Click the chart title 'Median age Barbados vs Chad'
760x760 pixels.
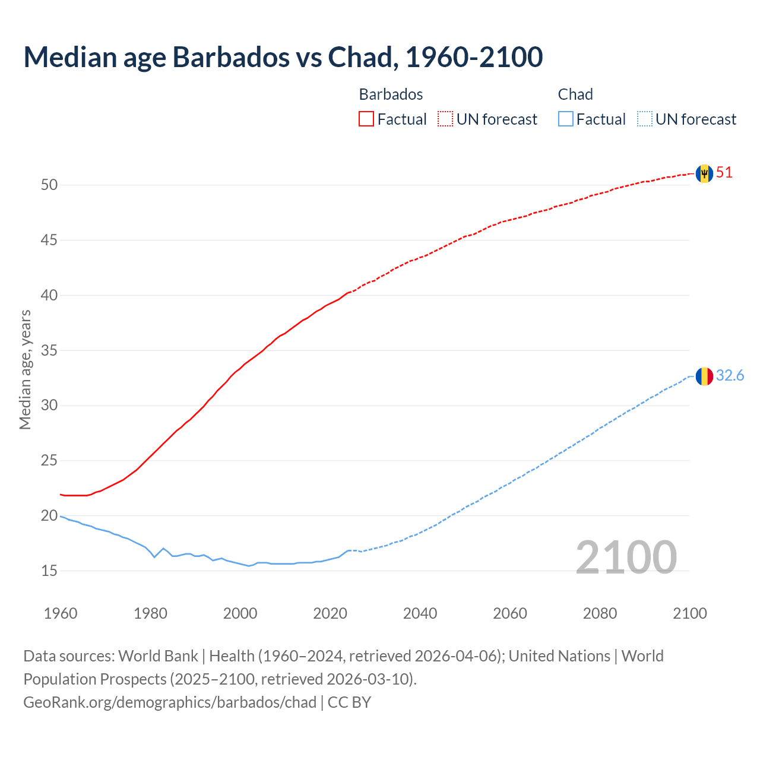(283, 57)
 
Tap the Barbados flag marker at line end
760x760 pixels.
(704, 173)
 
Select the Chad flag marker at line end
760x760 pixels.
(704, 376)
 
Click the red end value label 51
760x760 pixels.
(724, 173)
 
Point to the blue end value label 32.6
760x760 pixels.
(730, 376)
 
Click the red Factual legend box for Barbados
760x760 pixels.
(366, 119)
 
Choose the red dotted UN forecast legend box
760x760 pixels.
(445, 119)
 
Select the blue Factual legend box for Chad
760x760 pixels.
(566, 119)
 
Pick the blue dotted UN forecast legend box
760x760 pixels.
(645, 119)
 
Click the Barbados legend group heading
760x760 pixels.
(391, 94)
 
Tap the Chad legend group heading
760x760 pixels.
(575, 94)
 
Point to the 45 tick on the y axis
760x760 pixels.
(49, 240)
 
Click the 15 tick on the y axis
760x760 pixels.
(49, 571)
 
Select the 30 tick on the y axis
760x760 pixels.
(49, 406)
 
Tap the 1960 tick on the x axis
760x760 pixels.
(61, 613)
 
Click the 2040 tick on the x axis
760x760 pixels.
(420, 613)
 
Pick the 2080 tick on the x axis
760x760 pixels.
(600, 613)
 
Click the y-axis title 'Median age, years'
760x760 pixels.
(25, 369)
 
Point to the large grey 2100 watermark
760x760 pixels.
(626, 558)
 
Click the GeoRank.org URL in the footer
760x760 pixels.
(170, 702)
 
